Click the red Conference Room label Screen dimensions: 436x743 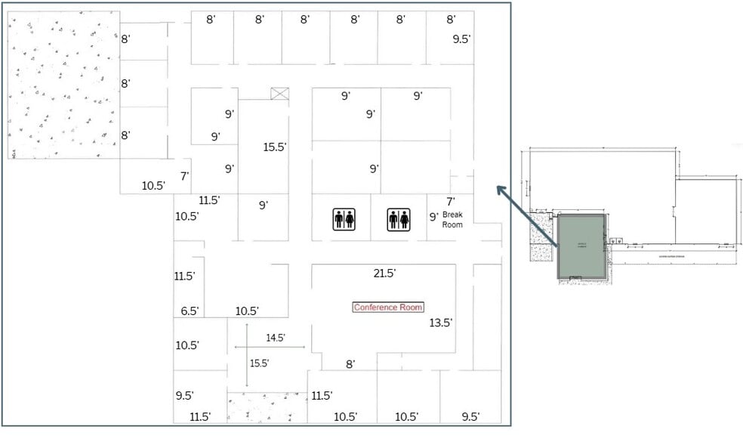(x=388, y=307)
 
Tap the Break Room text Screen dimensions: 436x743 (x=452, y=219)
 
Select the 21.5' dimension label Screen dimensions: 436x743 (x=384, y=274)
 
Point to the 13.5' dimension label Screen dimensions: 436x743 (x=441, y=323)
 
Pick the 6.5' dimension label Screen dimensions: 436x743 (x=190, y=311)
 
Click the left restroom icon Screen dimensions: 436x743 (x=344, y=219)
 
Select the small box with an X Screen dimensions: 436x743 (x=280, y=94)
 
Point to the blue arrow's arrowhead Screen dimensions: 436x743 (x=500, y=189)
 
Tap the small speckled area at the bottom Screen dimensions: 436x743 (x=267, y=407)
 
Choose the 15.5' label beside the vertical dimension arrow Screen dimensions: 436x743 (x=259, y=363)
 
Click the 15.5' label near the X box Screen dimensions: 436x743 (x=275, y=147)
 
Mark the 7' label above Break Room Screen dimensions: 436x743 (x=451, y=202)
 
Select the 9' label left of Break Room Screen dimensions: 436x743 (x=434, y=217)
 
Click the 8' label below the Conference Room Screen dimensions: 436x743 (x=350, y=364)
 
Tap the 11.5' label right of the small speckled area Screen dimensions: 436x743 (x=322, y=395)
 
